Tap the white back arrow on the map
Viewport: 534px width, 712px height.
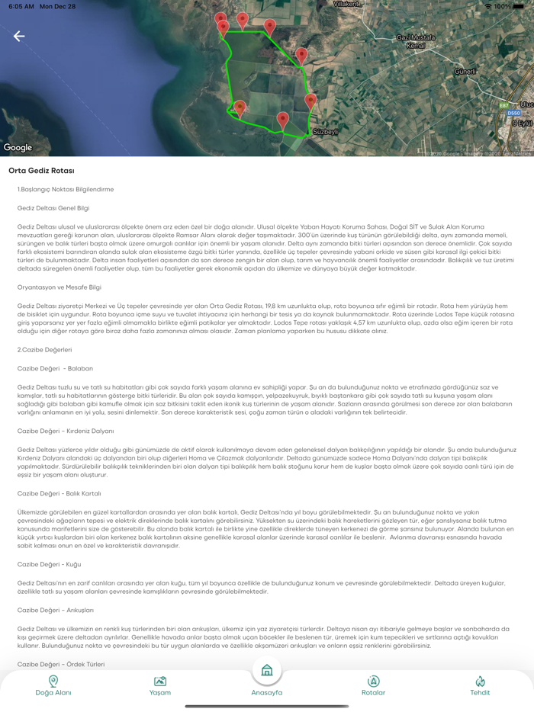19,36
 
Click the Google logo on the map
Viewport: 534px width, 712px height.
18,148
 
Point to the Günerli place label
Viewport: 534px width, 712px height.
465,72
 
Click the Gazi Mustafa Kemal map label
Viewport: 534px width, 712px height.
416,42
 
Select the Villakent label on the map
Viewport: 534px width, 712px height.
346,4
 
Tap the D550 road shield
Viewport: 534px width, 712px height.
513,114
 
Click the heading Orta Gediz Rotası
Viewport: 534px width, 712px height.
41,170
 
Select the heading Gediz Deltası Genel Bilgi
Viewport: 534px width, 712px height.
53,207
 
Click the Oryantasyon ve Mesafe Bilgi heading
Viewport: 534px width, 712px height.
60,287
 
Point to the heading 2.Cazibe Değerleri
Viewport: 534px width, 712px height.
44,349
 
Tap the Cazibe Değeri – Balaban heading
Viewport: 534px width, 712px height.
55,368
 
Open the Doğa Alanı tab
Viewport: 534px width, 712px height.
53,685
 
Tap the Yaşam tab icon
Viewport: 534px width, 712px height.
160,682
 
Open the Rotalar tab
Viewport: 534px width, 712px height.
373,685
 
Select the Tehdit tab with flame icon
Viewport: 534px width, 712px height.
480,685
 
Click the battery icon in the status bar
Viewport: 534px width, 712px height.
520,6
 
